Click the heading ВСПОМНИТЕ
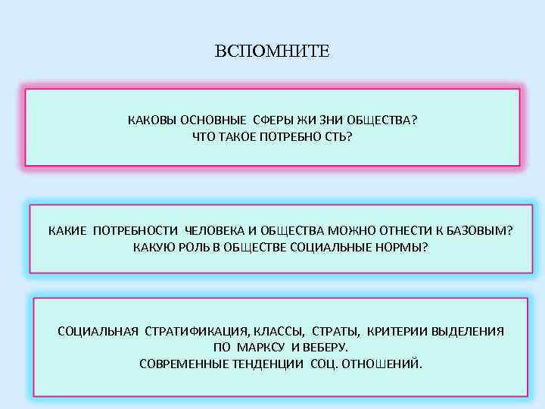pos(272,52)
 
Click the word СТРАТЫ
pos(338,331)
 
